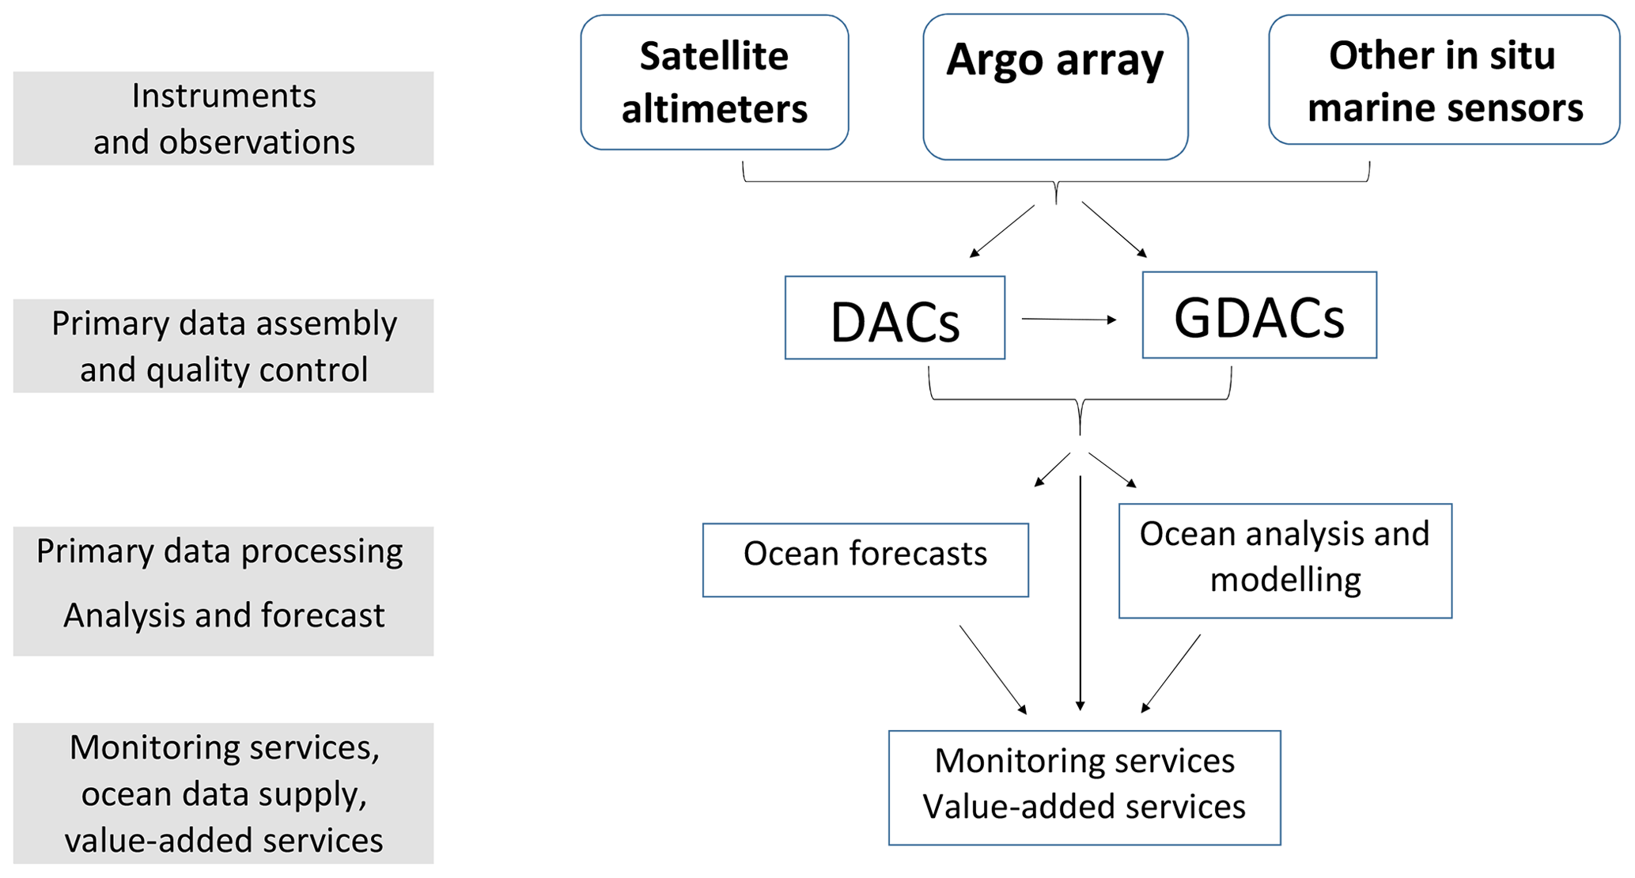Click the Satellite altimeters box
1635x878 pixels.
point(714,82)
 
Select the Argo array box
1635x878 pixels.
point(1055,86)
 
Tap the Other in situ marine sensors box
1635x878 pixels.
point(1444,80)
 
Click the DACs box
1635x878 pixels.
point(895,318)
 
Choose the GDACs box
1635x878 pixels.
point(1259,316)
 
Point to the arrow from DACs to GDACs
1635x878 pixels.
point(1069,320)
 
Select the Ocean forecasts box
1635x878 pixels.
point(865,560)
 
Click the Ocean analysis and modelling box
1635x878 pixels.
point(1285,561)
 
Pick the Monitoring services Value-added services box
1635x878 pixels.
point(1084,788)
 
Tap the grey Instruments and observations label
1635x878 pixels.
point(223,119)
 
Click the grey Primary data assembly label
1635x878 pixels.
point(223,346)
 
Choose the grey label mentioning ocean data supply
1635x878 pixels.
point(223,793)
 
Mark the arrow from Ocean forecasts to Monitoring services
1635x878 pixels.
point(993,669)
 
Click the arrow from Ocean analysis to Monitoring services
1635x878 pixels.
point(1171,673)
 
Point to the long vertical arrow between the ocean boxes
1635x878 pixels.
point(1081,593)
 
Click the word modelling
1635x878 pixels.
point(1285,581)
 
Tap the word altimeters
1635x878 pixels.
point(714,109)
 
